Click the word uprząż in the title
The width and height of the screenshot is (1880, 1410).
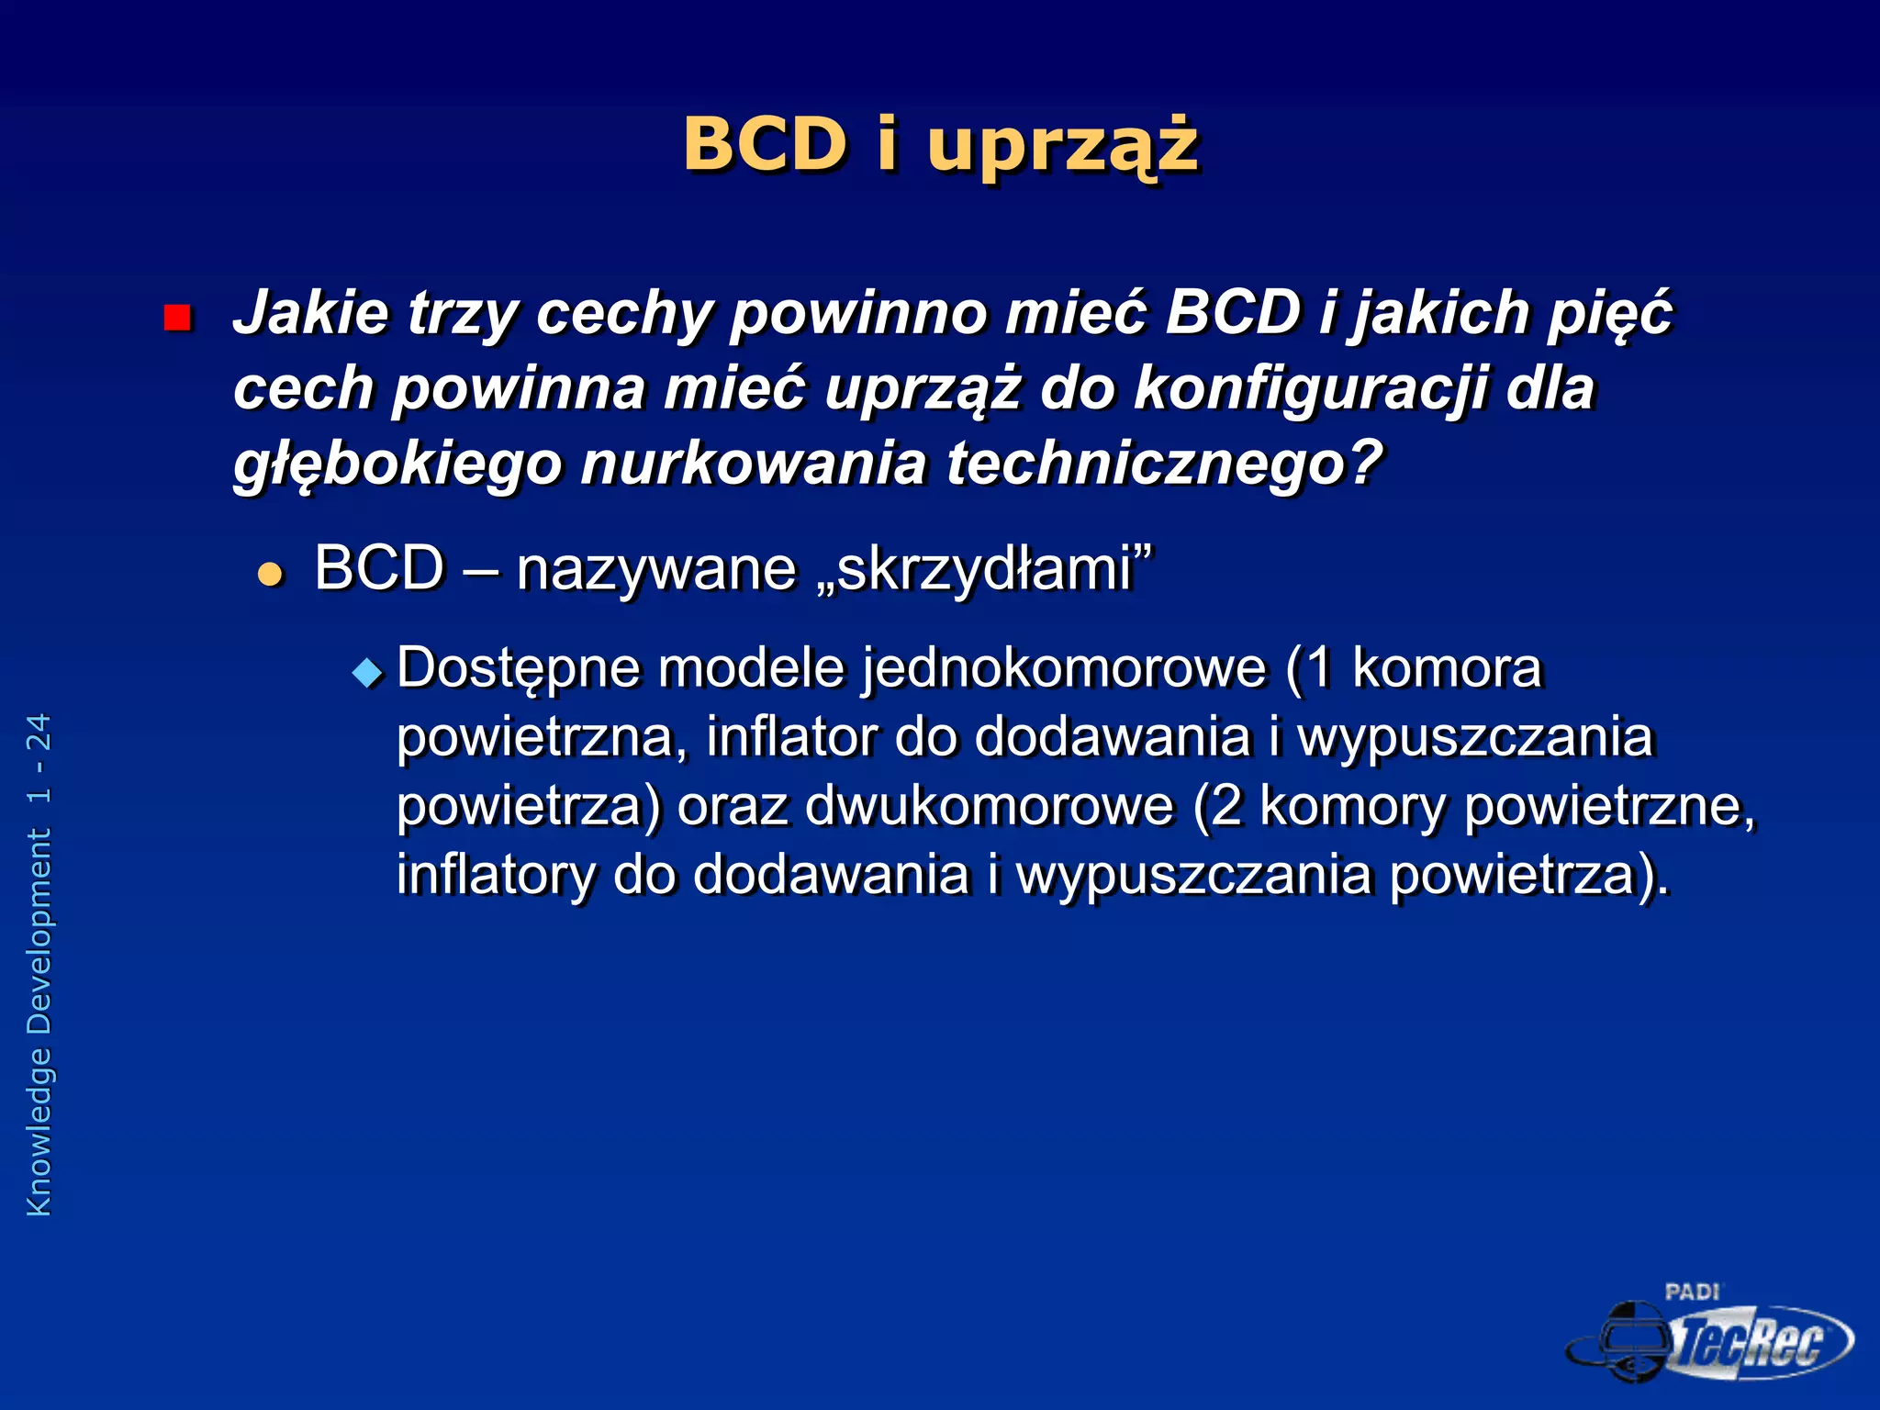(1062, 147)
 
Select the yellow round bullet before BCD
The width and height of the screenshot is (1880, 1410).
(271, 575)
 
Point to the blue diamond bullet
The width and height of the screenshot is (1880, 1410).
(368, 673)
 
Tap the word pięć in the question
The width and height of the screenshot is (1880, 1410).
(1609, 315)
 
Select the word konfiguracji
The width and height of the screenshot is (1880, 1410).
(1311, 388)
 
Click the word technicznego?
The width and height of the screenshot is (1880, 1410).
(1164, 463)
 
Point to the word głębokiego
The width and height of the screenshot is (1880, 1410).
(397, 464)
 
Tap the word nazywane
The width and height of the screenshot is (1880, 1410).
(656, 569)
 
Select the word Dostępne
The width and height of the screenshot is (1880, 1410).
(518, 668)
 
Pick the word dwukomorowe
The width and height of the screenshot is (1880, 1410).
(990, 806)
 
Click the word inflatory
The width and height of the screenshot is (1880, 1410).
(496, 874)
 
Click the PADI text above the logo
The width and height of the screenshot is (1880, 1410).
(1691, 1292)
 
